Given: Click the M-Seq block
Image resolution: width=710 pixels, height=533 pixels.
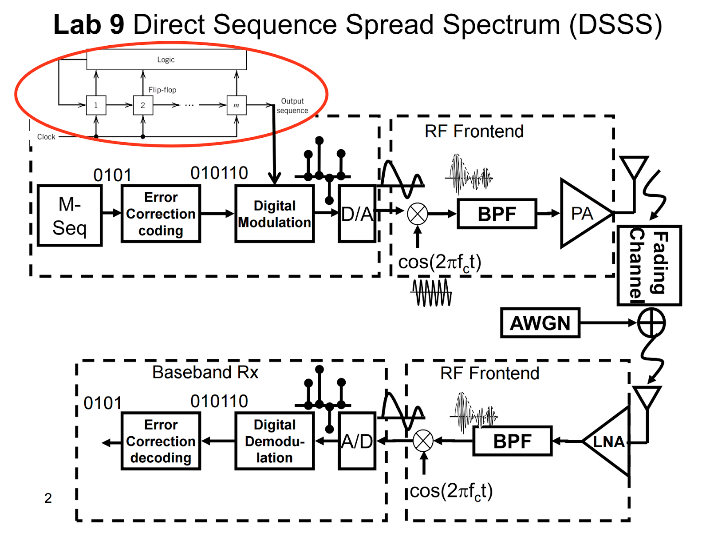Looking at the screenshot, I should pyautogui.click(x=70, y=215).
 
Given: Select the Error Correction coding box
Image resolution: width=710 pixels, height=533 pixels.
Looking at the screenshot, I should pyautogui.click(x=161, y=214).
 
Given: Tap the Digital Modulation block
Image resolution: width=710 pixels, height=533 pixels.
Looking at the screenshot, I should pyautogui.click(x=275, y=214).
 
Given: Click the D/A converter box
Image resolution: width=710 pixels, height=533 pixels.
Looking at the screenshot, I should pyautogui.click(x=357, y=214).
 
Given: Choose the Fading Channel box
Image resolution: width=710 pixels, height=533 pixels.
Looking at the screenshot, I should pyautogui.click(x=649, y=265).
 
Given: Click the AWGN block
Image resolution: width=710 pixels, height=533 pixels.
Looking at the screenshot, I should pyautogui.click(x=540, y=323).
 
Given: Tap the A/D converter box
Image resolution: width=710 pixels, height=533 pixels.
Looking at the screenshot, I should pyautogui.click(x=357, y=441).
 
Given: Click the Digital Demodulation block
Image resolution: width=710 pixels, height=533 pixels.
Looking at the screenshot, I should pyautogui.click(x=275, y=441).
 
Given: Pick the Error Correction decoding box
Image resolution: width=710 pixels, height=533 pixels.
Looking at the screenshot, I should pyautogui.click(x=161, y=441).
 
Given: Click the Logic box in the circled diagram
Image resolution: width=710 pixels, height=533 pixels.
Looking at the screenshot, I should pyautogui.click(x=166, y=60).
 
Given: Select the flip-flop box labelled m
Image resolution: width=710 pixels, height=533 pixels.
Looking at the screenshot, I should pyautogui.click(x=237, y=105).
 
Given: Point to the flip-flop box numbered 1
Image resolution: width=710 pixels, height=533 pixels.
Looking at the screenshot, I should pyautogui.click(x=96, y=105).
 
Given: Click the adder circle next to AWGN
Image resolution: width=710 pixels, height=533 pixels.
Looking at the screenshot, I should pyautogui.click(x=651, y=323).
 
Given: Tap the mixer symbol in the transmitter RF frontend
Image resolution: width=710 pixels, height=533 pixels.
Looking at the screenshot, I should pyautogui.click(x=418, y=214).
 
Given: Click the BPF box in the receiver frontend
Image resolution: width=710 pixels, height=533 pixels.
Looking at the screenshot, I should pyautogui.click(x=513, y=441).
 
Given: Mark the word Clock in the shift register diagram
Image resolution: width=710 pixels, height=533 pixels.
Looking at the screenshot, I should pyautogui.click(x=46, y=137).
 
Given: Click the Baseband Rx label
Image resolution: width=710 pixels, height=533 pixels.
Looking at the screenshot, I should pyautogui.click(x=205, y=372).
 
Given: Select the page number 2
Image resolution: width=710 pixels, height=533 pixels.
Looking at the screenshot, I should pyautogui.click(x=48, y=498).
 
